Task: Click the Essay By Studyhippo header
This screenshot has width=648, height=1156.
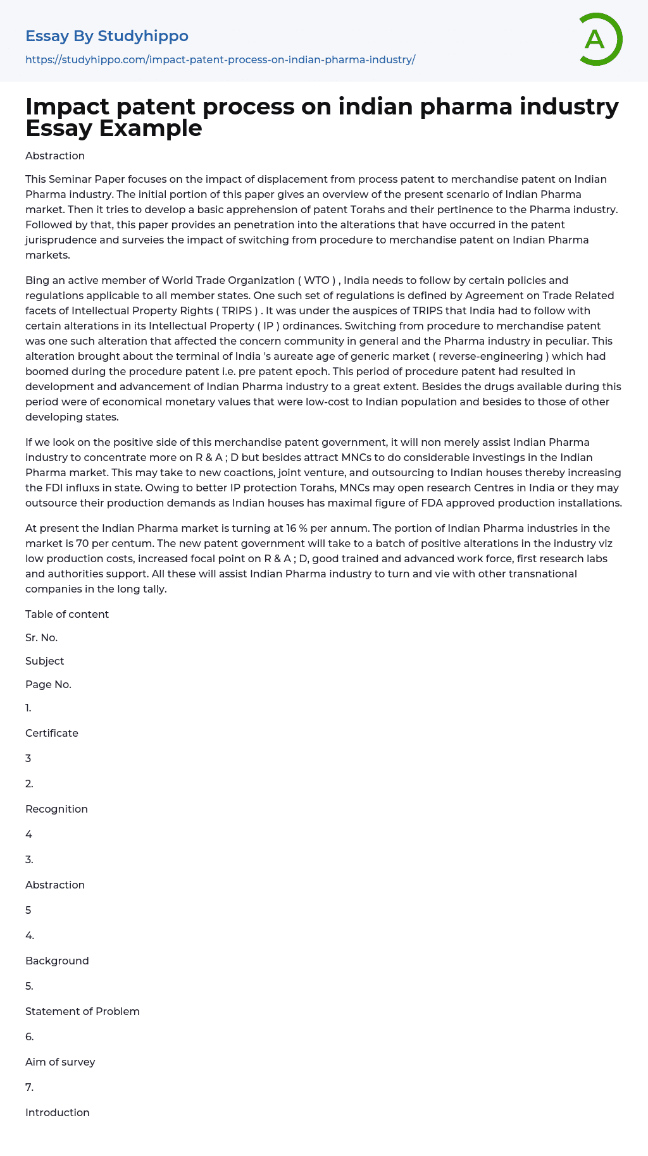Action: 107,36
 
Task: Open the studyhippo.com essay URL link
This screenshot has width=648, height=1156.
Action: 220,59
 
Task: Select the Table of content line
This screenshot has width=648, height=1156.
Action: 67,614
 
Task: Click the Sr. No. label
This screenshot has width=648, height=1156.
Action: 42,637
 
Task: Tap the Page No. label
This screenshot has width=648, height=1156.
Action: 48,684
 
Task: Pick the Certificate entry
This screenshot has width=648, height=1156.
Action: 52,733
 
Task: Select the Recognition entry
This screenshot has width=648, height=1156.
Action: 56,809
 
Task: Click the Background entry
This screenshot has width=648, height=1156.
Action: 57,961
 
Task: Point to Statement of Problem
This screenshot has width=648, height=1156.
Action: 82,1011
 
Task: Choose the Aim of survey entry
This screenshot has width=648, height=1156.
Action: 60,1062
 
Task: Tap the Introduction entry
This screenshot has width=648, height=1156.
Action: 58,1112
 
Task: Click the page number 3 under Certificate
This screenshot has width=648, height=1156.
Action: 28,758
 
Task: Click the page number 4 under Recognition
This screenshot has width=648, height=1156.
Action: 28,834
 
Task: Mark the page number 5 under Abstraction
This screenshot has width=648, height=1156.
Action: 28,910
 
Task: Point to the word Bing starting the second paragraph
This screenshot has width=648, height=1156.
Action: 37,280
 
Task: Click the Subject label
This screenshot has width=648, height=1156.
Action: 45,661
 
